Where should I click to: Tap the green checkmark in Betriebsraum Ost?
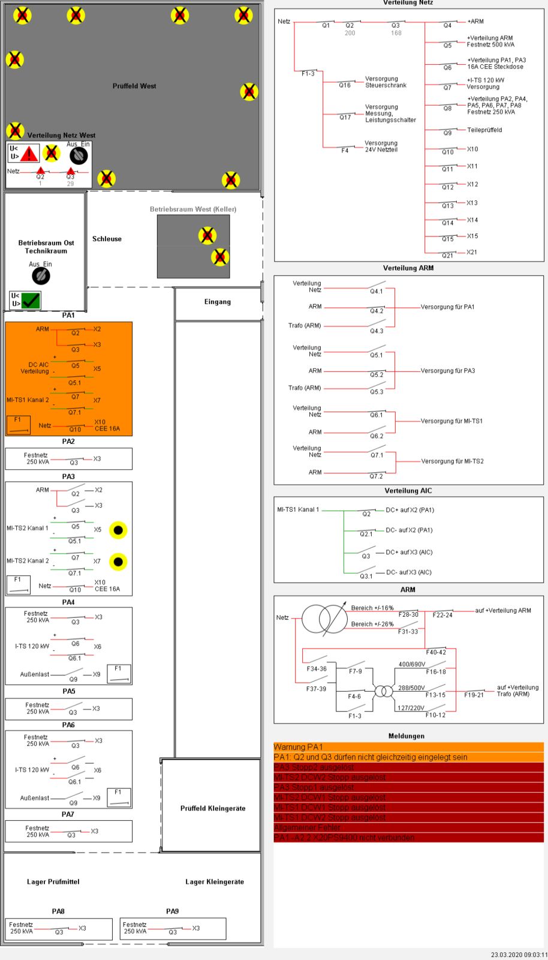coord(31,300)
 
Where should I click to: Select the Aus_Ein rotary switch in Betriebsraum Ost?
coord(41,275)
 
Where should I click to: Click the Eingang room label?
coord(217,302)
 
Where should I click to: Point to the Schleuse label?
coord(107,239)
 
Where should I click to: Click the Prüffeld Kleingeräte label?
coord(213,808)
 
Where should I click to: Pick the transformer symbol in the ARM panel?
coord(324,619)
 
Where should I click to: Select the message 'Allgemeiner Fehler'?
coord(307,827)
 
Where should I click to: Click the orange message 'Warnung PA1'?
coord(298,747)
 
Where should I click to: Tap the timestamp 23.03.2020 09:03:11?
coord(519,955)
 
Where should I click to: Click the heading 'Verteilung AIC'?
coord(408,491)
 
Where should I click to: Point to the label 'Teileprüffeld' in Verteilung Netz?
coord(484,130)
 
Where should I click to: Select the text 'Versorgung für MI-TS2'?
coord(452,461)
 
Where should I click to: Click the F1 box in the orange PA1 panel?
coord(18,424)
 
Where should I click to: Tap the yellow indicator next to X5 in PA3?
coord(118,530)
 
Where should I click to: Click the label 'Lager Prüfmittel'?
coord(53,881)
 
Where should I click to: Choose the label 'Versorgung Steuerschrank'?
coord(386,82)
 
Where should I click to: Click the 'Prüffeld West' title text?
coord(134,86)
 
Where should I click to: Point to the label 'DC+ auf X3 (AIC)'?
coord(409,552)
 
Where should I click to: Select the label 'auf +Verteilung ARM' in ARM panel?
coord(503,611)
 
